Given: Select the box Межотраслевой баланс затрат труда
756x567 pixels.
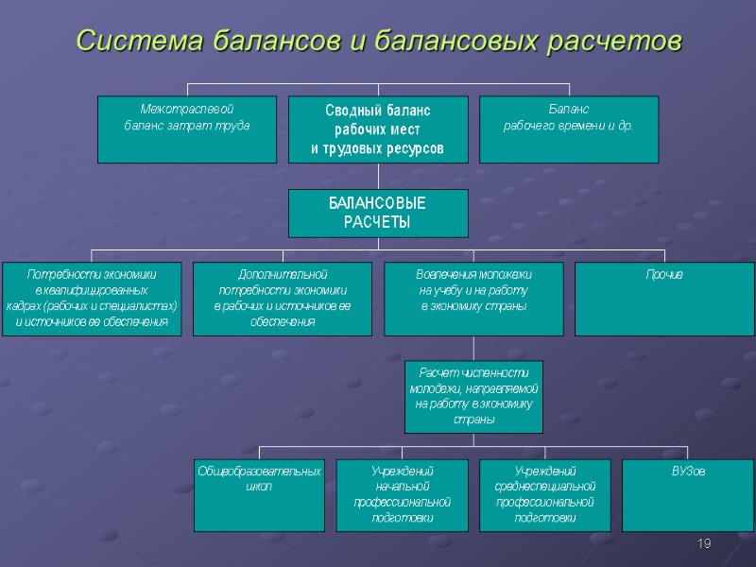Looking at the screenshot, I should click(187, 129).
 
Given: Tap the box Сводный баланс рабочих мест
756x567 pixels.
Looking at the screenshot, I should click(378, 129).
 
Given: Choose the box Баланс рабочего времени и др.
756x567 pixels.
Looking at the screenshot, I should click(569, 129).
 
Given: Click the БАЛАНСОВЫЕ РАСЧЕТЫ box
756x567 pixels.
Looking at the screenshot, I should click(378, 213).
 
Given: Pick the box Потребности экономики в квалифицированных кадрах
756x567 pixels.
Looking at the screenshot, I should click(92, 299).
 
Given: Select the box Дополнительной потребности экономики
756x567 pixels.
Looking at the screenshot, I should click(283, 299).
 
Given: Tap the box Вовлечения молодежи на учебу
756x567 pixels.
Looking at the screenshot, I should click(473, 299).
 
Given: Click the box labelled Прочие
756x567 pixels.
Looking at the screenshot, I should click(665, 299).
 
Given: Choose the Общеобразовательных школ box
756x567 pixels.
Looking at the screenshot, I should click(259, 495).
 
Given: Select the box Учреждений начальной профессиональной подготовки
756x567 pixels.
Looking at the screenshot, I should click(403, 495).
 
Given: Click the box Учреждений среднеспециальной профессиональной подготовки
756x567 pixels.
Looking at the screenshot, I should click(545, 495).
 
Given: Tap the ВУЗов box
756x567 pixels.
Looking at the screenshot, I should click(688, 495).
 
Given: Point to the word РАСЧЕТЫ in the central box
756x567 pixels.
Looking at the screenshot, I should click(377, 222).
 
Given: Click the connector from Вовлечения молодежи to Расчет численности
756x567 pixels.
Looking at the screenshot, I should click(473, 348).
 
